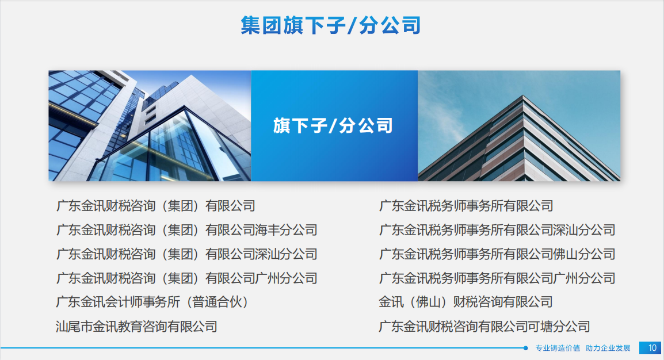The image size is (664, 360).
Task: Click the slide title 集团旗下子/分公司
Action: tap(331, 25)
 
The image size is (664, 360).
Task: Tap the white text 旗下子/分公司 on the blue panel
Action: tap(333, 125)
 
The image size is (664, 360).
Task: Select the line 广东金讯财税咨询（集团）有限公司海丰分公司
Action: tap(187, 230)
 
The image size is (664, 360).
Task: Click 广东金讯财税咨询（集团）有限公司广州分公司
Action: tap(187, 278)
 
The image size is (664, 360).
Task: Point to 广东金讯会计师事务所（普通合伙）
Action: tap(152, 302)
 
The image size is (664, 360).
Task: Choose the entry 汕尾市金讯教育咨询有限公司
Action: tap(136, 327)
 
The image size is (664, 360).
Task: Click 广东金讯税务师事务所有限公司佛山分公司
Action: tap(497, 254)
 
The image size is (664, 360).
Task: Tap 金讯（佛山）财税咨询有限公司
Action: tap(466, 302)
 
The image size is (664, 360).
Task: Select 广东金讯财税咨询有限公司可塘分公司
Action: tap(484, 327)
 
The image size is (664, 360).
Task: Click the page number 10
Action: tap(652, 348)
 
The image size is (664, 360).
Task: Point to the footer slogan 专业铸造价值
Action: tap(558, 348)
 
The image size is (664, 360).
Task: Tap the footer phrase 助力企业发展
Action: tap(608, 348)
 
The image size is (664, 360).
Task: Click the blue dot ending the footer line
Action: tap(525, 348)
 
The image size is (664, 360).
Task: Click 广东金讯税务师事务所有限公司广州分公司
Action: tap(497, 278)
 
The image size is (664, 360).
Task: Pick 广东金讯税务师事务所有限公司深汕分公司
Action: tap(497, 230)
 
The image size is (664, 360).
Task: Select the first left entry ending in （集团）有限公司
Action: tap(155, 206)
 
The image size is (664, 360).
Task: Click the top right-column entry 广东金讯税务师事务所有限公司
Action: tap(466, 206)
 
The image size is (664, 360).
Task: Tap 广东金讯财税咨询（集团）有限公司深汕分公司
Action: tap(187, 254)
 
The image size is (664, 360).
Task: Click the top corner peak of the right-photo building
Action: tap(524, 96)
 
